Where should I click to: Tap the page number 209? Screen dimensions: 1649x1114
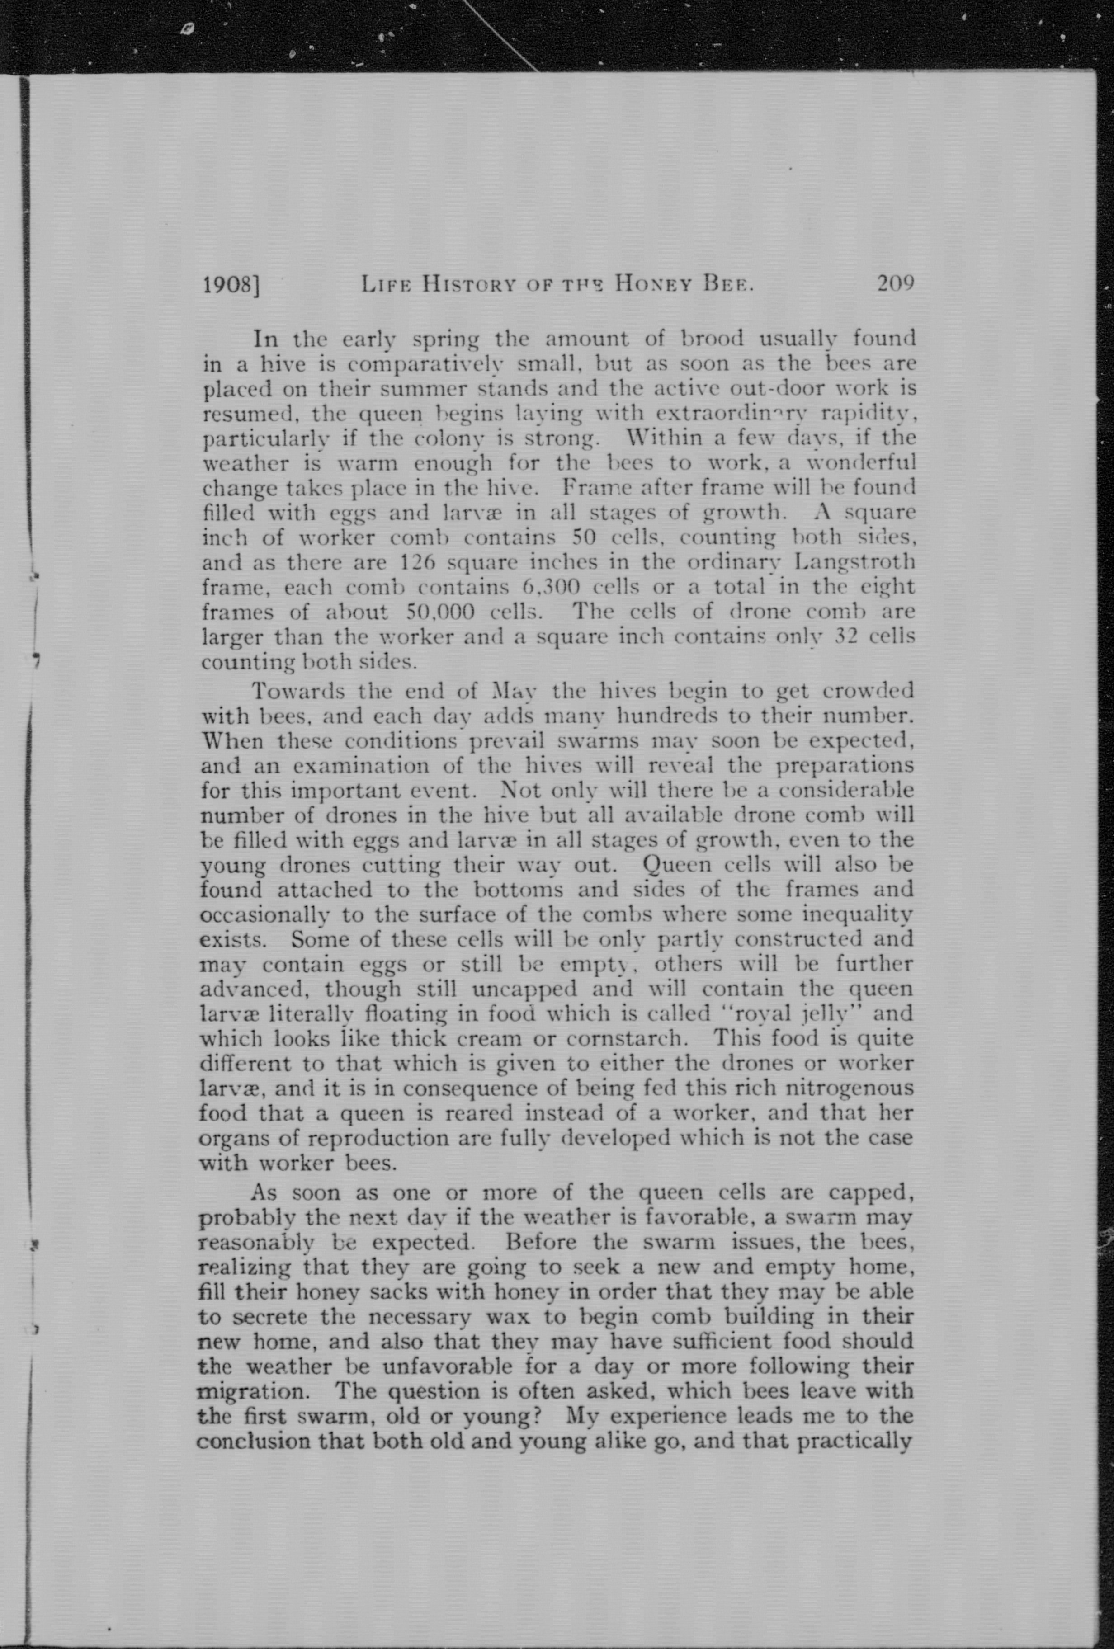click(x=896, y=284)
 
